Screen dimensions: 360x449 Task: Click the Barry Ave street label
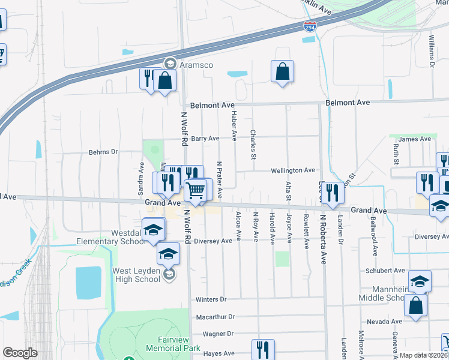206,138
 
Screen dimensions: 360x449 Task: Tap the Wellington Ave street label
292,170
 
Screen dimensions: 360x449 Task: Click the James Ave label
415,139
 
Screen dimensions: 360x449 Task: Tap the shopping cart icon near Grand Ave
196,191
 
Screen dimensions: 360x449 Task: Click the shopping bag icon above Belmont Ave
282,71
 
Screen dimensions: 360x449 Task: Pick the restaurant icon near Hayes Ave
263,349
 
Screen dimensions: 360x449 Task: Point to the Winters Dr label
211,299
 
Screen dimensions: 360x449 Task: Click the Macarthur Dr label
214,316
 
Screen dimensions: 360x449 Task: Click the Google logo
20,353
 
